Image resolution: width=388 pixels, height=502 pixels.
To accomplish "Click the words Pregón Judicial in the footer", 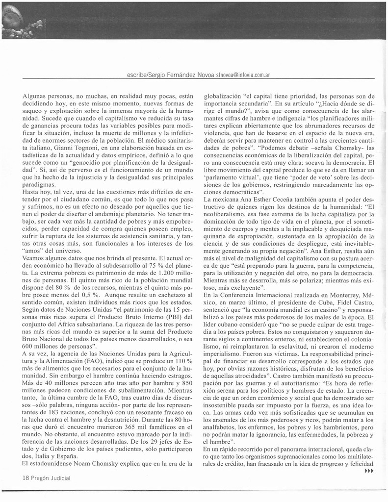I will tap(52, 477).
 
